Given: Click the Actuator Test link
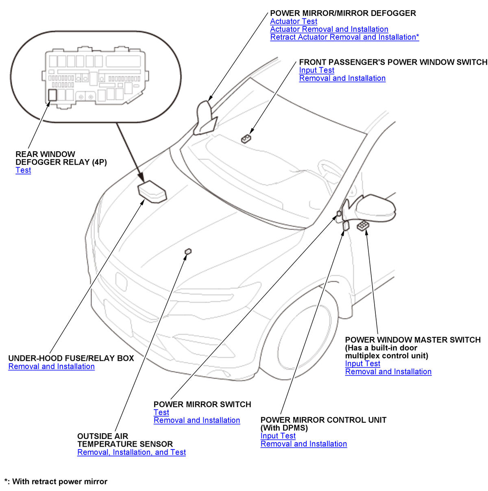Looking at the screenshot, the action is [293, 21].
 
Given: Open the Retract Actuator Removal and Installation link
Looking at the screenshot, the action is [344, 37].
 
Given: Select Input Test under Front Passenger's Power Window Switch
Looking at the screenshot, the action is [316, 70].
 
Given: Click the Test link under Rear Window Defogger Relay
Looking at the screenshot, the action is [23, 170].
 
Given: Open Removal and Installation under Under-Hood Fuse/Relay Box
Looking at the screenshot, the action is [52, 366].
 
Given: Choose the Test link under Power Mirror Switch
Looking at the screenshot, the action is [161, 412].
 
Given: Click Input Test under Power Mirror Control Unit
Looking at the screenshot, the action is [278, 435].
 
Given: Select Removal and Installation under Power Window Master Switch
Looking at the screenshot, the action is [388, 371].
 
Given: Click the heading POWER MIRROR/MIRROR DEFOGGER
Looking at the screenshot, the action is [343, 13].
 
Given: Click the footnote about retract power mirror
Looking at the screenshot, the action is [56, 482].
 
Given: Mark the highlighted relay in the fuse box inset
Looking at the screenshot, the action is [52, 95].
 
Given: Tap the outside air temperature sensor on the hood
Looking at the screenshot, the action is [188, 251].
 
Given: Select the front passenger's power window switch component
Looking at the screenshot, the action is [246, 139].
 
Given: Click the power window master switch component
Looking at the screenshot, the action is [363, 225].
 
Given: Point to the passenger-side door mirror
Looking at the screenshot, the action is [205, 118].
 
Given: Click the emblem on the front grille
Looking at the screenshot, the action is [121, 282].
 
